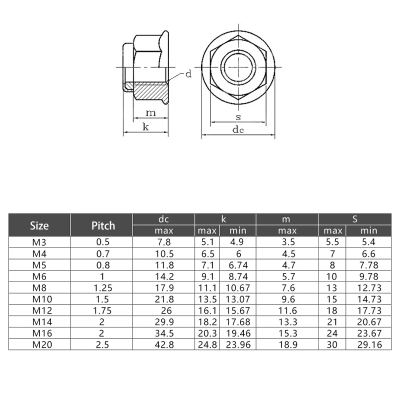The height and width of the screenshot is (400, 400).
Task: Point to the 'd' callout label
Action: click(x=188, y=74)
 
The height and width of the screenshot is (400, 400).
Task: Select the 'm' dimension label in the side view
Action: click(x=150, y=113)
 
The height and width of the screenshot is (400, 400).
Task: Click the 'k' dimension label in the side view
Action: click(x=145, y=127)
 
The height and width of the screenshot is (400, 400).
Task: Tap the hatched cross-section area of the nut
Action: click(x=150, y=92)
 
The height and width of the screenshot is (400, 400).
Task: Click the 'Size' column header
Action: click(x=39, y=225)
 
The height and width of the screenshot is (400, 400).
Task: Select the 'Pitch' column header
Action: click(x=103, y=225)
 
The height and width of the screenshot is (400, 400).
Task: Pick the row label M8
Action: click(x=39, y=288)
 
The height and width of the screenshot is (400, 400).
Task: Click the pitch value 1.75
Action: click(x=103, y=310)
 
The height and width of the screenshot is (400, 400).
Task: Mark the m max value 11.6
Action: click(x=287, y=310)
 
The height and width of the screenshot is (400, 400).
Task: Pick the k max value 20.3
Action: click(x=207, y=332)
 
